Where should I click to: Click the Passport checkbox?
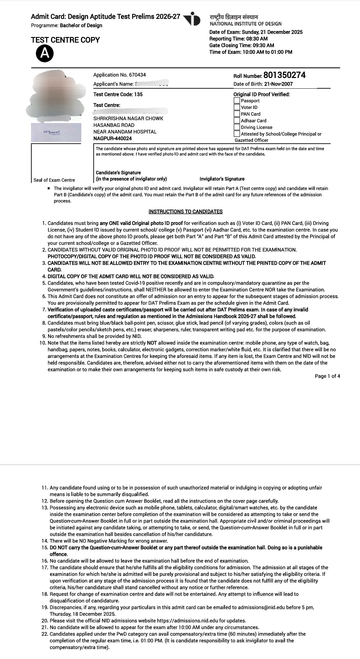(x=237, y=100)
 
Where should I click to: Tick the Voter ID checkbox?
(x=237, y=107)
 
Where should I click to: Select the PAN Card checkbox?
(x=237, y=114)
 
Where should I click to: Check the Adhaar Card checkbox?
(x=237, y=120)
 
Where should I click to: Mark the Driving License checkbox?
(x=237, y=127)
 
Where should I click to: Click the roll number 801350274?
(x=284, y=75)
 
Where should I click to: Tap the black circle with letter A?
(x=45, y=54)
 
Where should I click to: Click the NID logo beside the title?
(x=192, y=19)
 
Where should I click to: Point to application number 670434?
(x=138, y=75)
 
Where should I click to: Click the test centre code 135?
(x=138, y=94)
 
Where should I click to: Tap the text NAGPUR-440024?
(x=112, y=138)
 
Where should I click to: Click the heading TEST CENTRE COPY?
(x=65, y=40)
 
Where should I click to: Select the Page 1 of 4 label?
(x=327, y=376)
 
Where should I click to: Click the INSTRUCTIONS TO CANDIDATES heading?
(x=185, y=212)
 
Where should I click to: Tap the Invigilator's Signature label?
(x=222, y=179)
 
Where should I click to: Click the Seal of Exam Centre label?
(x=54, y=180)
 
